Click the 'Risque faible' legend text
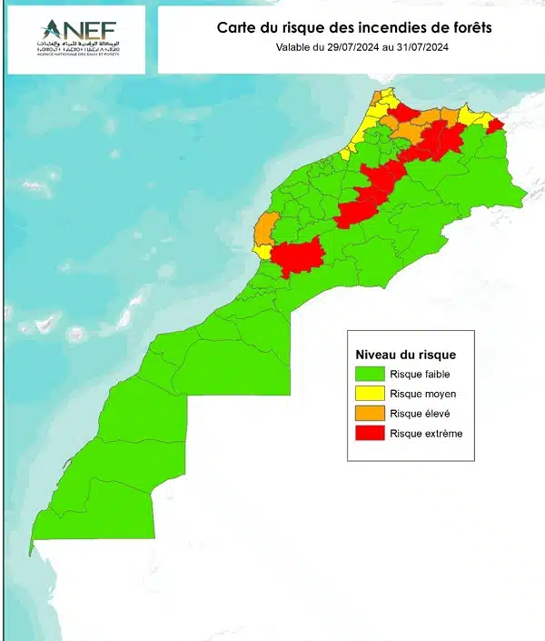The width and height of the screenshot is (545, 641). click(x=419, y=374)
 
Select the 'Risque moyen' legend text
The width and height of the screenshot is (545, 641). click(x=422, y=394)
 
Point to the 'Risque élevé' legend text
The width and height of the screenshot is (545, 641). click(x=420, y=414)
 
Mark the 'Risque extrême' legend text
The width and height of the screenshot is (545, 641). click(x=426, y=434)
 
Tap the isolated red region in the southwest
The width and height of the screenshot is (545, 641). click(x=296, y=257)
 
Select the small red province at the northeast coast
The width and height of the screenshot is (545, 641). click(x=495, y=125)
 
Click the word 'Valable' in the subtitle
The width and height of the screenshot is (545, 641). click(x=294, y=46)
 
